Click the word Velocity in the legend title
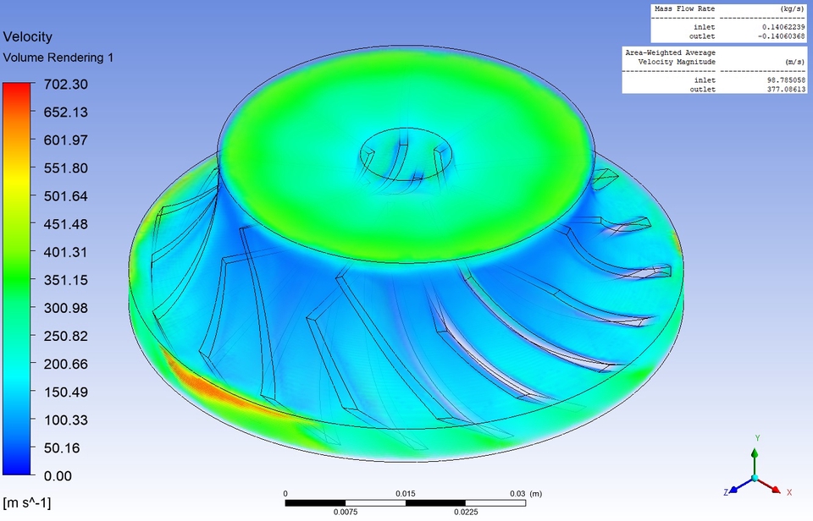(x=28, y=36)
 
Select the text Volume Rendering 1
(x=58, y=58)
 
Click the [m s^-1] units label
(x=27, y=503)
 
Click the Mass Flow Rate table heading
(x=684, y=8)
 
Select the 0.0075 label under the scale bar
(x=345, y=511)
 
